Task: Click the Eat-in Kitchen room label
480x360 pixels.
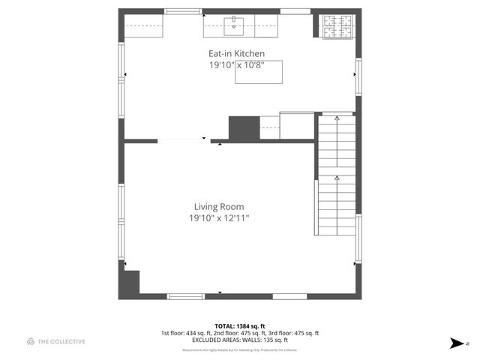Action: (236, 53)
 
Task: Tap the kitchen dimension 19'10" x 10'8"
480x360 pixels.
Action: (236, 65)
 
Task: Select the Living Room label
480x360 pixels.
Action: (219, 207)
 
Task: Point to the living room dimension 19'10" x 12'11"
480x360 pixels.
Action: (219, 218)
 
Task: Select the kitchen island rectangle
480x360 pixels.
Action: (259, 72)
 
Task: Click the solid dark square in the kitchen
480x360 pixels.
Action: (243, 127)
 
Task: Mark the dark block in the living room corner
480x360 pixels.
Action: (130, 282)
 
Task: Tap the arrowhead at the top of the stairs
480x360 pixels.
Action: (337, 118)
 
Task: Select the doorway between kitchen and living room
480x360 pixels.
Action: (180, 139)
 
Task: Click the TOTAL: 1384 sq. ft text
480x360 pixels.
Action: (239, 326)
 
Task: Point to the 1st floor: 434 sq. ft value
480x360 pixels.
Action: (187, 333)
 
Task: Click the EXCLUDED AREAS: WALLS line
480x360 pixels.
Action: (239, 340)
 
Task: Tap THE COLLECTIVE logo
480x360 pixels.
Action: (55, 341)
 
